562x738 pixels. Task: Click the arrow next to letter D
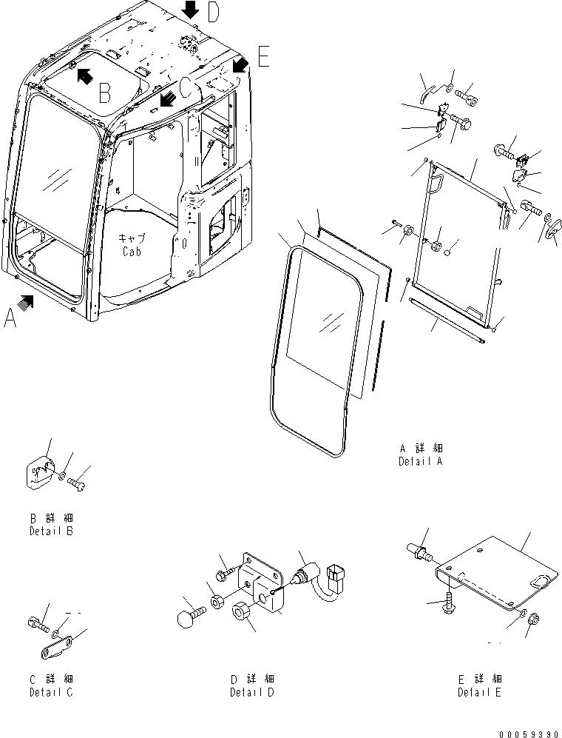[x=191, y=10]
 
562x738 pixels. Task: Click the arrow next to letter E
[x=240, y=64]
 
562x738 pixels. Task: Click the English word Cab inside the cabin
[x=133, y=251]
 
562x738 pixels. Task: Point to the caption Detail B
[x=51, y=531]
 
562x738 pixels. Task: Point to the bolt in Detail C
[x=39, y=625]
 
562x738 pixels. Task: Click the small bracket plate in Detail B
[x=41, y=473]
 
